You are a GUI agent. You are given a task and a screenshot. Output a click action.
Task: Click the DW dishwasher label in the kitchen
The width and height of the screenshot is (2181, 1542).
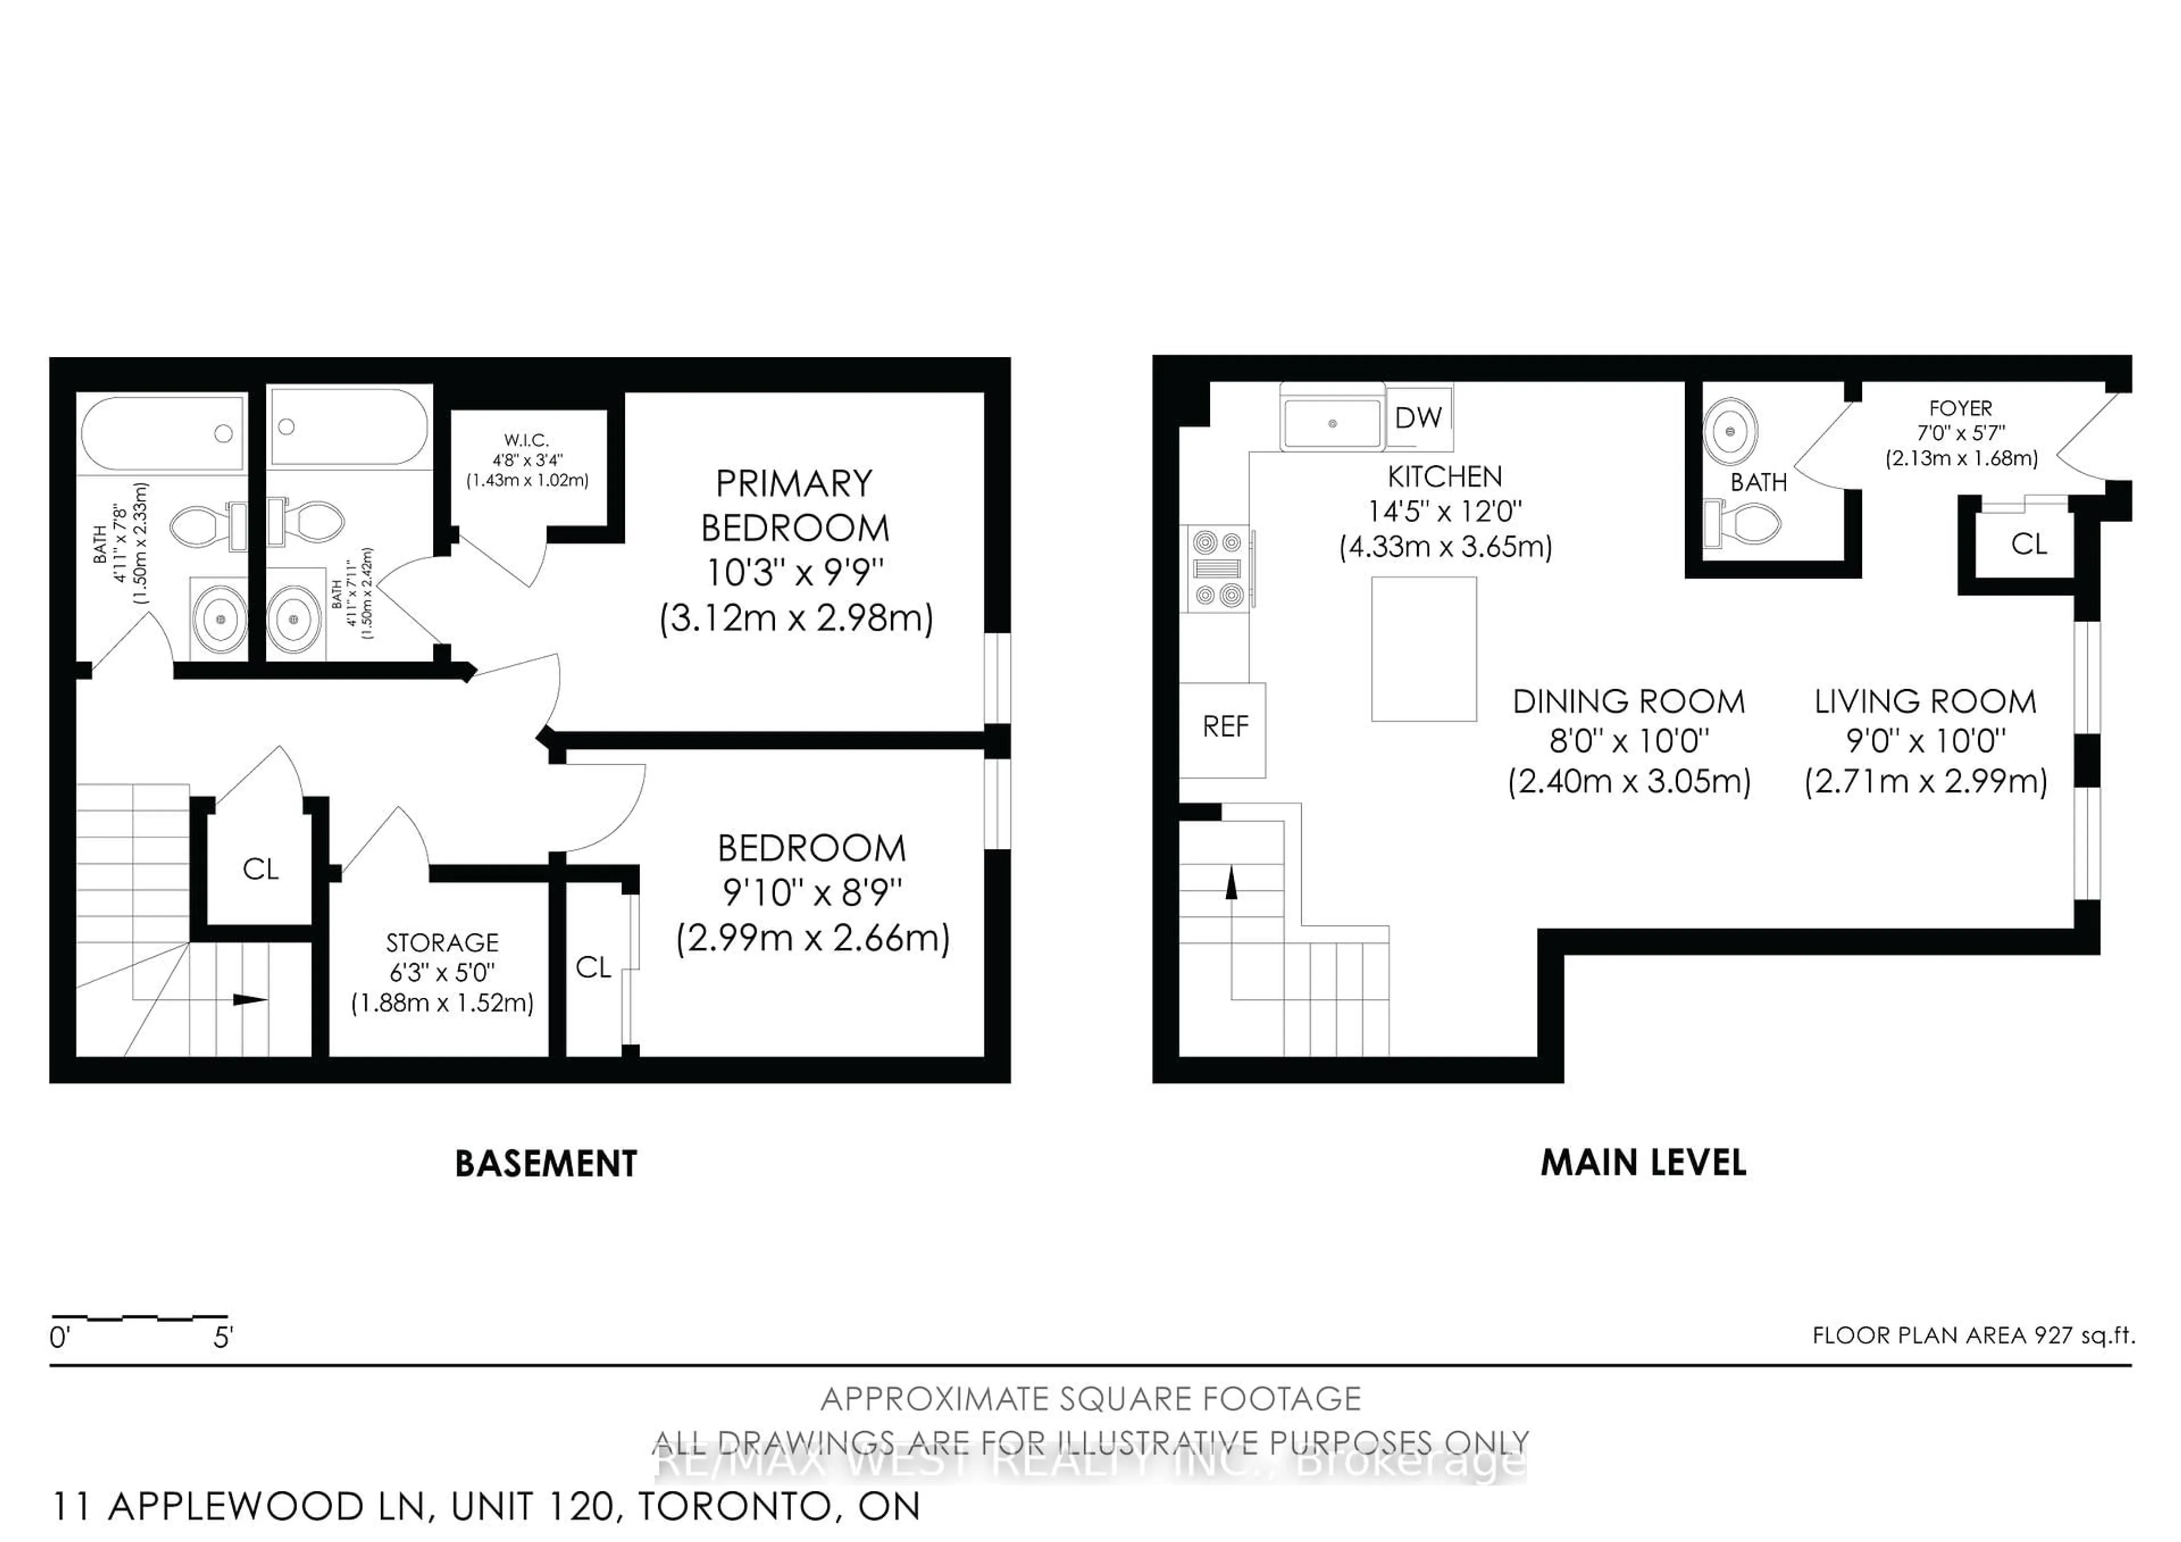tap(1418, 417)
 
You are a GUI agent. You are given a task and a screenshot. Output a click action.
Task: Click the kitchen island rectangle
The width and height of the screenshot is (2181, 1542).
tap(1423, 649)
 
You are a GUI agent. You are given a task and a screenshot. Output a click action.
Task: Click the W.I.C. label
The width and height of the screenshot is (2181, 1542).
tap(527, 440)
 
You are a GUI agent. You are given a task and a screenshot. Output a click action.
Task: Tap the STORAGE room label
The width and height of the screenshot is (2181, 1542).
tap(442, 943)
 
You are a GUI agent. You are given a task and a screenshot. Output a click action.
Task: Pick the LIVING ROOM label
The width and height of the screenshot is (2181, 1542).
tap(1925, 702)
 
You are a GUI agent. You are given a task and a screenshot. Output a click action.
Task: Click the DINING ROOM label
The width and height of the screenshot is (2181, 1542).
tap(1628, 702)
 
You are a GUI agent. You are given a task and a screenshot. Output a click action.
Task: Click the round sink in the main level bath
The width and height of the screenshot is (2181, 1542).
tap(1730, 431)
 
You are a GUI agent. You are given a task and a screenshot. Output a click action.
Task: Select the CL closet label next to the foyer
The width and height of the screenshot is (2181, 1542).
tap(2029, 544)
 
